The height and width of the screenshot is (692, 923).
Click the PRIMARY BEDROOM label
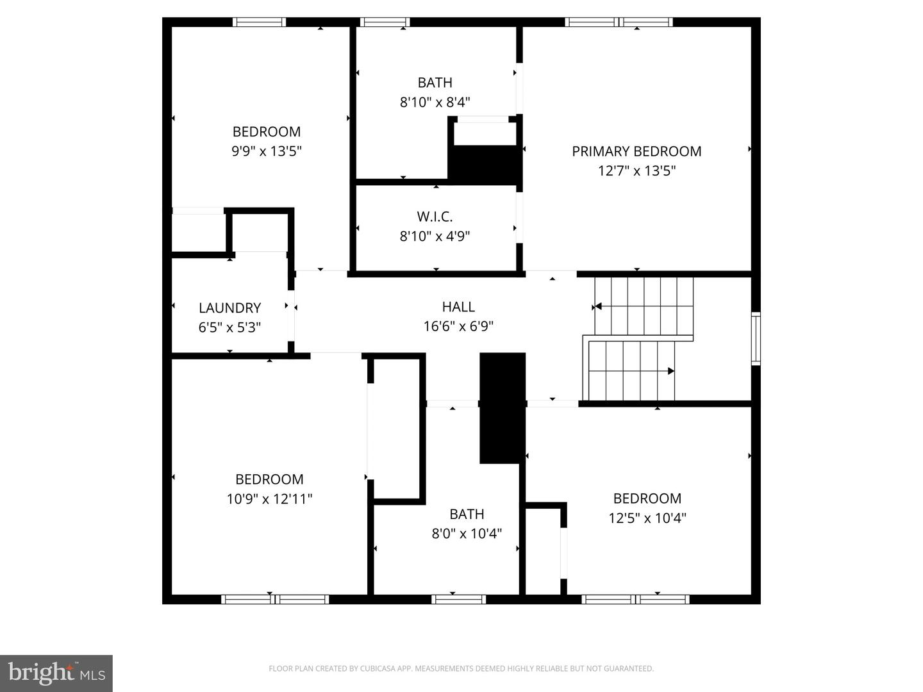(x=636, y=151)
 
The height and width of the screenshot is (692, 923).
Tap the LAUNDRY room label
(x=229, y=308)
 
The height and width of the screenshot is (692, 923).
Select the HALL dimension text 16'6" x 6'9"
(x=458, y=326)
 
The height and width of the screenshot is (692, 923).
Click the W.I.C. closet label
(x=435, y=217)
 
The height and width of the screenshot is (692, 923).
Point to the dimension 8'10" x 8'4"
(x=435, y=102)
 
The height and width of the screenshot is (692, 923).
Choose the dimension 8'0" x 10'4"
(x=467, y=533)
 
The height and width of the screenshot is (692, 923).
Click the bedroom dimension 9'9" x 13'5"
(x=267, y=151)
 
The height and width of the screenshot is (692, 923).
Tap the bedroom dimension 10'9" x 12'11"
(x=269, y=498)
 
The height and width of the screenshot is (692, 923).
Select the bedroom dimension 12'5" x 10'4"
(x=647, y=518)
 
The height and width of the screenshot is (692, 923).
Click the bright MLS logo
(x=56, y=673)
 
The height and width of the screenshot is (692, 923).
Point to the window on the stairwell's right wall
(x=756, y=338)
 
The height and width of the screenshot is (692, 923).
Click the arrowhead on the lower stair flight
(x=670, y=371)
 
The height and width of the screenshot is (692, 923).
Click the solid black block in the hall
(x=503, y=408)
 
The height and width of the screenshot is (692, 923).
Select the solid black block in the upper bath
(x=485, y=165)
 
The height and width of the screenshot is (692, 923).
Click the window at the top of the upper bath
(x=385, y=22)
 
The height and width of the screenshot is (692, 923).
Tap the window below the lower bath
(x=458, y=600)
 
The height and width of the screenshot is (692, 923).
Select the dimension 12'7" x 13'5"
(x=636, y=171)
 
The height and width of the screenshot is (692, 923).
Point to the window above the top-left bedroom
(x=259, y=22)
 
